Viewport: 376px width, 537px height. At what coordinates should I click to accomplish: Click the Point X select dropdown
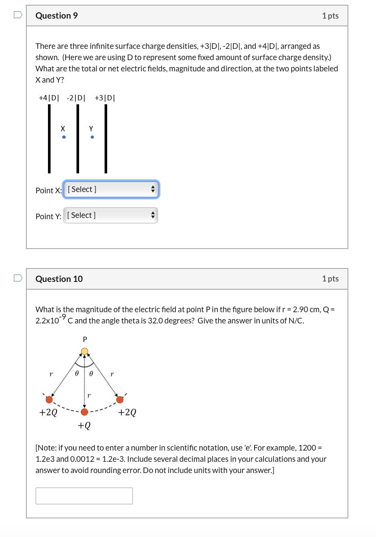(x=111, y=189)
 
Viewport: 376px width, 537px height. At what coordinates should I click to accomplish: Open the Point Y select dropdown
(x=111, y=215)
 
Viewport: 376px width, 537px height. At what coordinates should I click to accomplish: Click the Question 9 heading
(x=57, y=16)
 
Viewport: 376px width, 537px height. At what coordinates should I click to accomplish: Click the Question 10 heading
(x=59, y=279)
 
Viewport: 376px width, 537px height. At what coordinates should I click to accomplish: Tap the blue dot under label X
(x=64, y=137)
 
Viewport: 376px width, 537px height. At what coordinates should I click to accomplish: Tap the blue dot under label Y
(x=92, y=137)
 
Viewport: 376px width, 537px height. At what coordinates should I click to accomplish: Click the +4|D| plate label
(x=48, y=98)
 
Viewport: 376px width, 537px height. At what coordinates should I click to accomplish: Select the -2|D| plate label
(x=76, y=98)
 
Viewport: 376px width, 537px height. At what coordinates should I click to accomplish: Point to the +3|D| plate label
(x=105, y=98)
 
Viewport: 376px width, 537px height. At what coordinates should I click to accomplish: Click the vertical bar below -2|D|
(x=78, y=138)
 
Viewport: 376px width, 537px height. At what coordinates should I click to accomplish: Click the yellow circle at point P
(x=85, y=351)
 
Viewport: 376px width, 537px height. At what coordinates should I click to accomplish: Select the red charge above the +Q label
(x=85, y=412)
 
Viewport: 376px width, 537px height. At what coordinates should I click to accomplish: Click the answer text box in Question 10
(x=84, y=495)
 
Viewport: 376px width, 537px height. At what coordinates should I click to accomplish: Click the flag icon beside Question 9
(x=18, y=15)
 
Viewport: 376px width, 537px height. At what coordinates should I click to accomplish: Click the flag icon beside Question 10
(x=18, y=278)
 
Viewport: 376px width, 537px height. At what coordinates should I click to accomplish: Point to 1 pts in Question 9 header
(x=330, y=16)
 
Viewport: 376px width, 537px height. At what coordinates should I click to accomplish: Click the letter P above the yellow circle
(x=85, y=339)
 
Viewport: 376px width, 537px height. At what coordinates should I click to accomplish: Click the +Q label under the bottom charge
(x=84, y=426)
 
